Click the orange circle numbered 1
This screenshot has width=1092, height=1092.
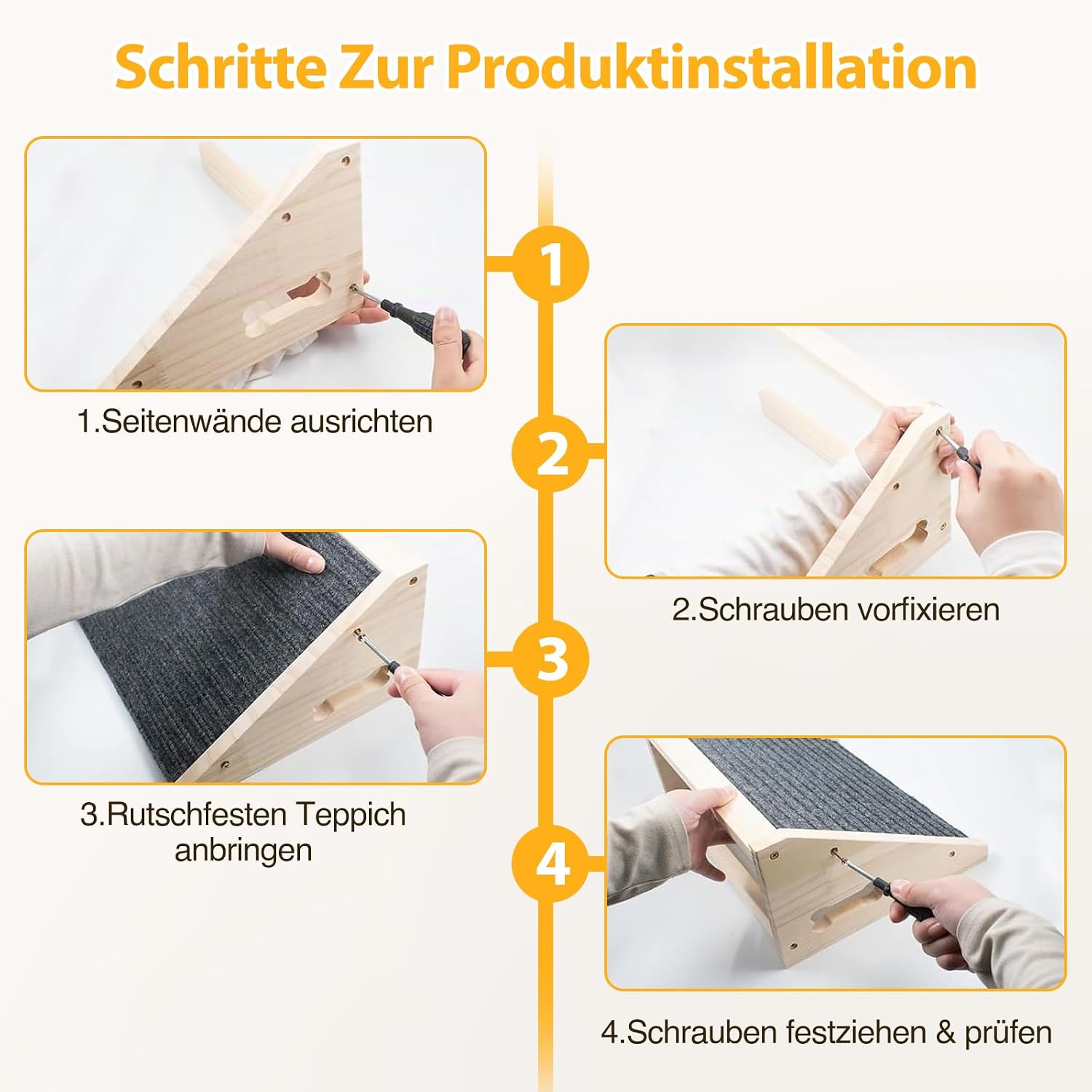click(551, 264)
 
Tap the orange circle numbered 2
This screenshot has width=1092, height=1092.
click(551, 452)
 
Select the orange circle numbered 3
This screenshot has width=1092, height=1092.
click(551, 659)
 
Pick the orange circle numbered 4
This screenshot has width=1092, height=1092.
click(551, 863)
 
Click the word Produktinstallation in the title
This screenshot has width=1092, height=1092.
click(711, 68)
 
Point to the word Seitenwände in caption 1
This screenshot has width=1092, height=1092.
click(191, 422)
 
